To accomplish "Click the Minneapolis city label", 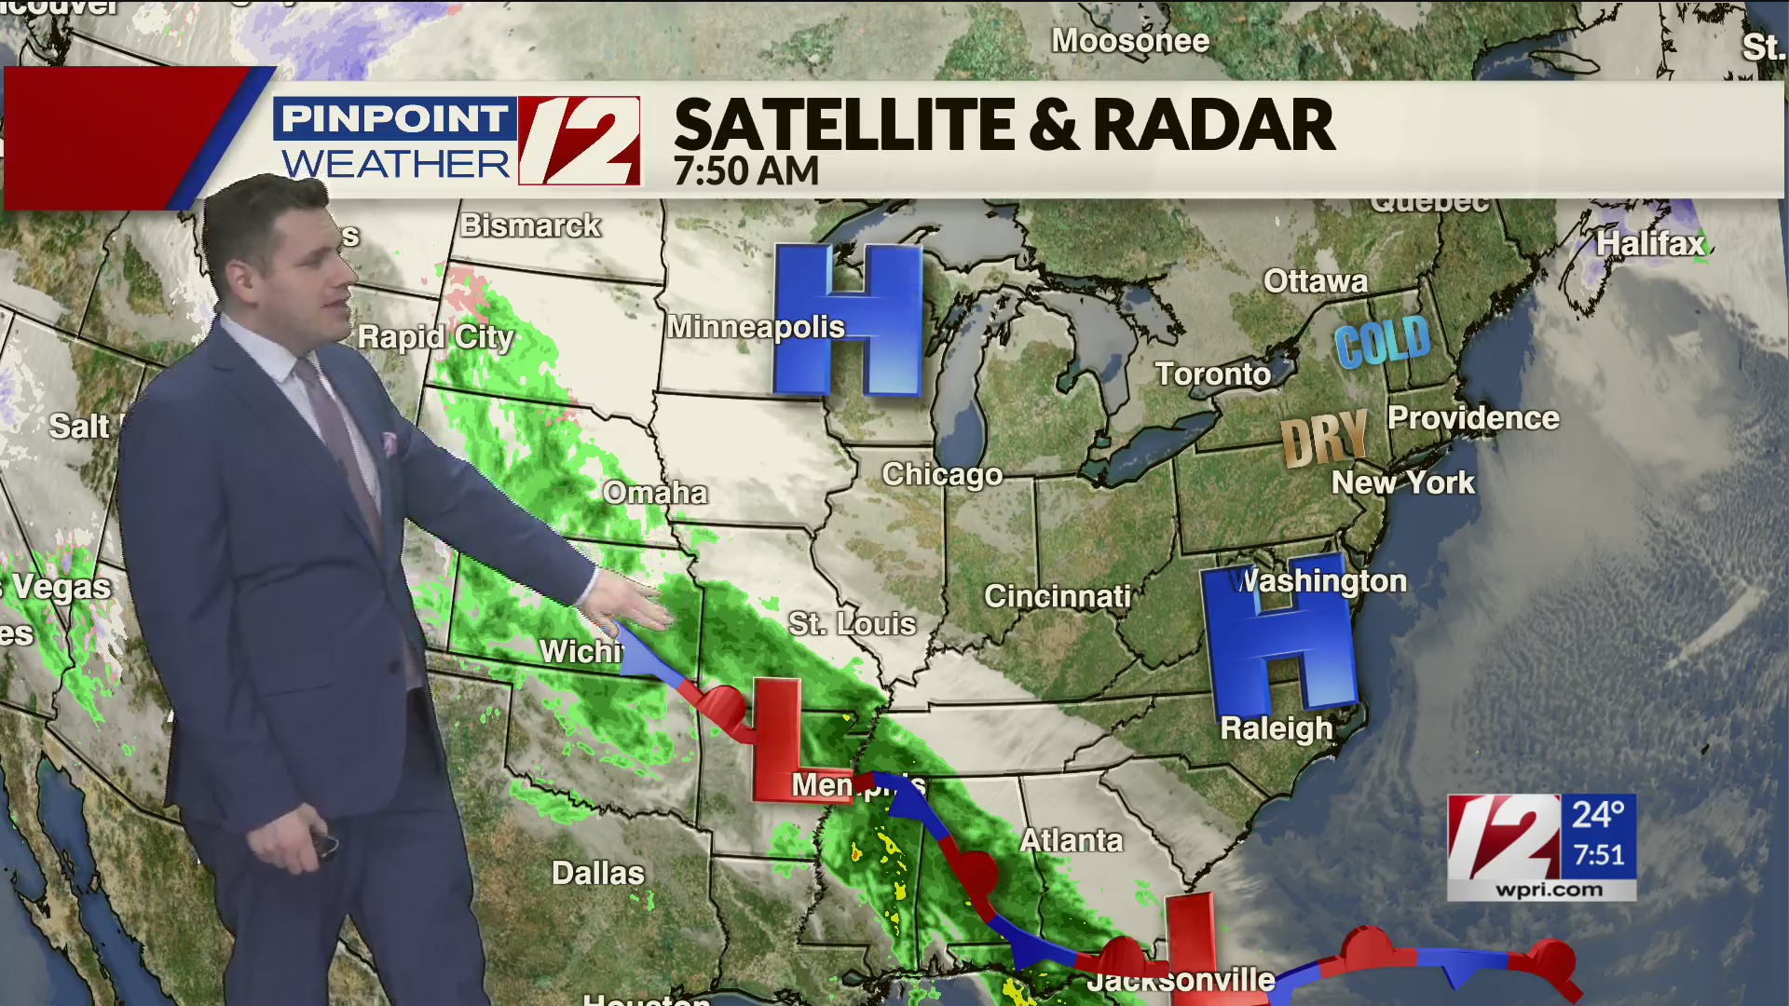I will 756,327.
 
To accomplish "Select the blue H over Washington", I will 1278,641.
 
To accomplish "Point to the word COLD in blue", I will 1382,341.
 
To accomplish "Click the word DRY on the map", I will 1324,437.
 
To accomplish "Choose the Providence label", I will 1473,418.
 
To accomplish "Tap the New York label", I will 1402,483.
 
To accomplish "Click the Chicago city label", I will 942,475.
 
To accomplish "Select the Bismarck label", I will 531,225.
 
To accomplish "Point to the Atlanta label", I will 1072,841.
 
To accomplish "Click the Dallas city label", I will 598,873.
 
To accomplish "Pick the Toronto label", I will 1213,374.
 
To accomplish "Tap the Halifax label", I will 1650,244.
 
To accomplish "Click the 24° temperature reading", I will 1598,815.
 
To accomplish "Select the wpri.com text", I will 1550,890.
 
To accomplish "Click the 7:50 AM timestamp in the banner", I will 746,171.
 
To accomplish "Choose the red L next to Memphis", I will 779,741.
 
